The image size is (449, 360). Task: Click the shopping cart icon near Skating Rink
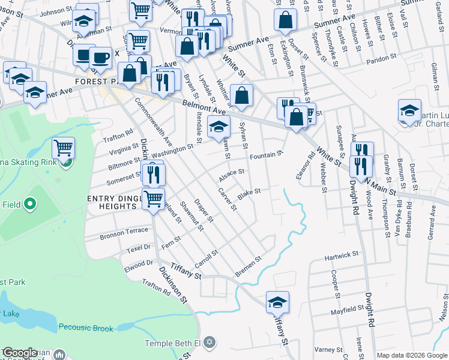click(63, 146)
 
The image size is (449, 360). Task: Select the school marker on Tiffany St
click(277, 302)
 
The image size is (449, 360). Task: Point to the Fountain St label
click(266, 155)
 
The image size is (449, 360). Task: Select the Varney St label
click(327, 349)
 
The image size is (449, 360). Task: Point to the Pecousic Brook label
click(86, 328)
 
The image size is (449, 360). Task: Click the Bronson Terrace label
click(124, 231)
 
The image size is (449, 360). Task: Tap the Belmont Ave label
click(203, 107)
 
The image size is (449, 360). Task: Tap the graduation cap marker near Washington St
click(218, 127)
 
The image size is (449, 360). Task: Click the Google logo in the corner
click(20, 353)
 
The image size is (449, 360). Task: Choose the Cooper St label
click(334, 280)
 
